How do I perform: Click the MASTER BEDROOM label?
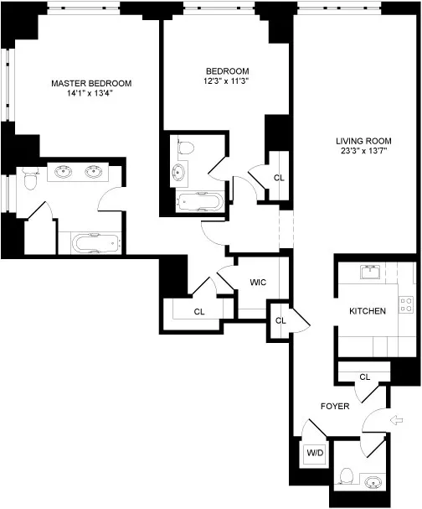91,83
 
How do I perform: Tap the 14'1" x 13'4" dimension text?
91,94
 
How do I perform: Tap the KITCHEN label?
368,311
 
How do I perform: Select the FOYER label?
334,406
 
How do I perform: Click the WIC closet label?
258,282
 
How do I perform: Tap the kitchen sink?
369,272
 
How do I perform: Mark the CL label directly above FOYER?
364,377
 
